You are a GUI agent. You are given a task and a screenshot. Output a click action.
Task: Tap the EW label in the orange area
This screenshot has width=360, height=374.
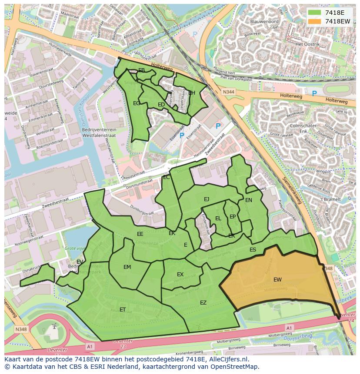pos(277,280)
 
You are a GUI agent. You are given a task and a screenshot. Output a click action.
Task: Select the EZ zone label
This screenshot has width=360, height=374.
pos(203,303)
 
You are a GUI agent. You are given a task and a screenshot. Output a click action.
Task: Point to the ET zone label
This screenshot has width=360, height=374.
pos(123,310)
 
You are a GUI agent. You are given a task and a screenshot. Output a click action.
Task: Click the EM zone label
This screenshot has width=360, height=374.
pos(127,267)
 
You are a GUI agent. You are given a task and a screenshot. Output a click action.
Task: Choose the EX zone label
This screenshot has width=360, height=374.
pos(180,275)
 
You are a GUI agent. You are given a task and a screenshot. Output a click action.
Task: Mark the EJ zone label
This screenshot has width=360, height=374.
pos(207,199)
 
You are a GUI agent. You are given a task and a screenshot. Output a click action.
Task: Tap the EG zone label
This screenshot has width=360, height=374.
pos(137,103)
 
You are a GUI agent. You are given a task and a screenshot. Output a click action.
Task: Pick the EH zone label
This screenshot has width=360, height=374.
pos(192,93)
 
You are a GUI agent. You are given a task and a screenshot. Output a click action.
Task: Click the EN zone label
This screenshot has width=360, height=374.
pos(249,200)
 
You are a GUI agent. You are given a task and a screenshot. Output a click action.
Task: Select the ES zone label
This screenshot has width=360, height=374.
pos(253,250)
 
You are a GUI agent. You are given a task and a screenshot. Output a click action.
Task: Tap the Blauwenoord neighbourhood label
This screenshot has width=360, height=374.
pos(264,21)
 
